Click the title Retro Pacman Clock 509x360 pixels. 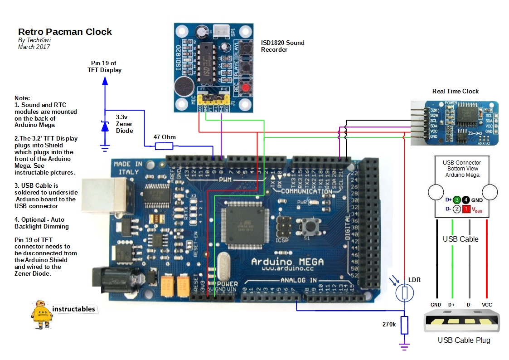pyautogui.click(x=65, y=32)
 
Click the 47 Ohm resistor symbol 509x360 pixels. pyautogui.click(x=164, y=146)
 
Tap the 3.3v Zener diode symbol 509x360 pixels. pyautogui.click(x=105, y=127)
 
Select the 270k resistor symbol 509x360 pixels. pyautogui.click(x=405, y=325)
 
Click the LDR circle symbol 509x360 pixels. pyautogui.click(x=404, y=293)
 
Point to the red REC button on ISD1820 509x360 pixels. pyautogui.click(x=245, y=88)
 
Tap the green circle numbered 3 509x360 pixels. pyautogui.click(x=457, y=199)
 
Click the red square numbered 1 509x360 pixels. pyautogui.click(x=466, y=209)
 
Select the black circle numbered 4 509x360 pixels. pyautogui.click(x=466, y=199)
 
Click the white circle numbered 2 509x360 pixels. pyautogui.click(x=457, y=209)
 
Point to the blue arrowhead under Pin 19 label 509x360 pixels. pyautogui.click(x=105, y=81)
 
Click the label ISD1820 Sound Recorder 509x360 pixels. pyautogui.click(x=282, y=46)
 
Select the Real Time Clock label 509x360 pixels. pyautogui.click(x=455, y=91)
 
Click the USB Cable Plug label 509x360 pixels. pyautogui.click(x=464, y=341)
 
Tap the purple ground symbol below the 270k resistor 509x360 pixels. pyautogui.click(x=404, y=346)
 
